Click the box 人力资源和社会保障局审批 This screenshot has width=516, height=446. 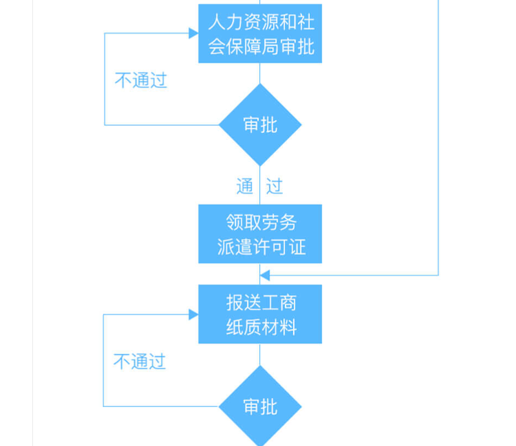pos(260,33)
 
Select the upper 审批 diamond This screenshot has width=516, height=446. pos(260,125)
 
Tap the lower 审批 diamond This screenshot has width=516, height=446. pos(260,407)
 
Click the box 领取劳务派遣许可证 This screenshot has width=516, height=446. pos(260,234)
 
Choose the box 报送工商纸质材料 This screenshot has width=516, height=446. pos(260,314)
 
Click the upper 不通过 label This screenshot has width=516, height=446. pos(141,81)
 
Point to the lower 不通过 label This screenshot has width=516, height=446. pos(139,362)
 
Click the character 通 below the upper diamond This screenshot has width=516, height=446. pos(245,187)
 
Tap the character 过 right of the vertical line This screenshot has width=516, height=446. pos(274,187)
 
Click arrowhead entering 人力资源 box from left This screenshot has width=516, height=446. pos(193,33)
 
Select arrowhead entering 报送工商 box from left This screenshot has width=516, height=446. pos(193,314)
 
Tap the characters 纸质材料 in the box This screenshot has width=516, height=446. pos(261,328)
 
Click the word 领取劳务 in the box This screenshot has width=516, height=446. pos(261,222)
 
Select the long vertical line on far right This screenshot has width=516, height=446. pos(438,137)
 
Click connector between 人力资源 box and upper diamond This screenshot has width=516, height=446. pos(260,74)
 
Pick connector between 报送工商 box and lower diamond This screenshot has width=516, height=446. pos(260,355)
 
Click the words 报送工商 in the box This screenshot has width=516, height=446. pos(261,302)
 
